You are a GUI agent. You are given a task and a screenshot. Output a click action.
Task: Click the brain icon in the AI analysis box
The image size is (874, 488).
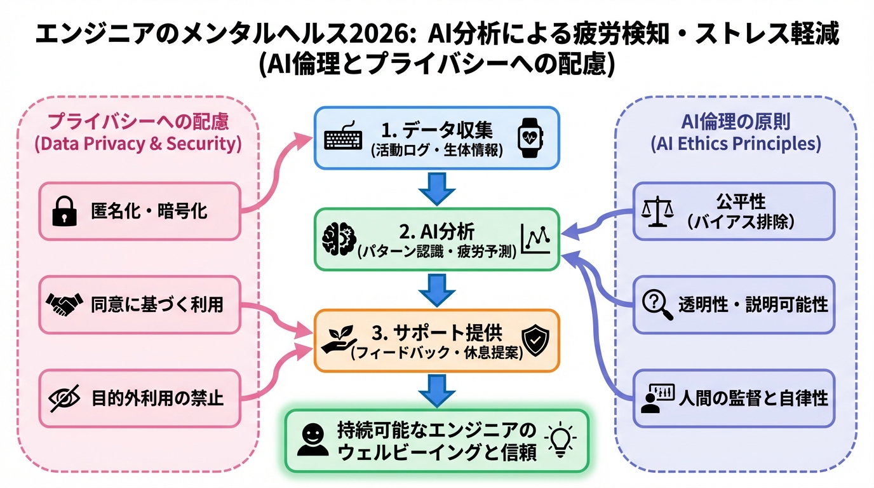[336, 240]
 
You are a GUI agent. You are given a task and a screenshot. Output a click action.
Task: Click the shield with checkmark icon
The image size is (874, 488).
[534, 340]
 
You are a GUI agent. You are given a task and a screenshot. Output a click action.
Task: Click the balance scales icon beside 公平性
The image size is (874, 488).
[655, 212]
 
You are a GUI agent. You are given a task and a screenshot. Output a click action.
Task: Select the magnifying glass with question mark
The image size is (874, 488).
[657, 304]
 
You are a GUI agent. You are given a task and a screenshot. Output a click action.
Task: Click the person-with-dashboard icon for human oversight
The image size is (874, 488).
[657, 398]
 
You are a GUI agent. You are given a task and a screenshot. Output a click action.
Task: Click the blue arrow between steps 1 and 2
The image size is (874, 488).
[437, 189]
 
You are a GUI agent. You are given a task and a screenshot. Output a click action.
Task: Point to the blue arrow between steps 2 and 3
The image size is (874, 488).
[437, 290]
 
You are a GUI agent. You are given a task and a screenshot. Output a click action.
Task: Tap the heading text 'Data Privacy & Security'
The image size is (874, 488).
[138, 144]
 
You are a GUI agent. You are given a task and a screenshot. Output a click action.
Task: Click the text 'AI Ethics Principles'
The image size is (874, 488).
[736, 144]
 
